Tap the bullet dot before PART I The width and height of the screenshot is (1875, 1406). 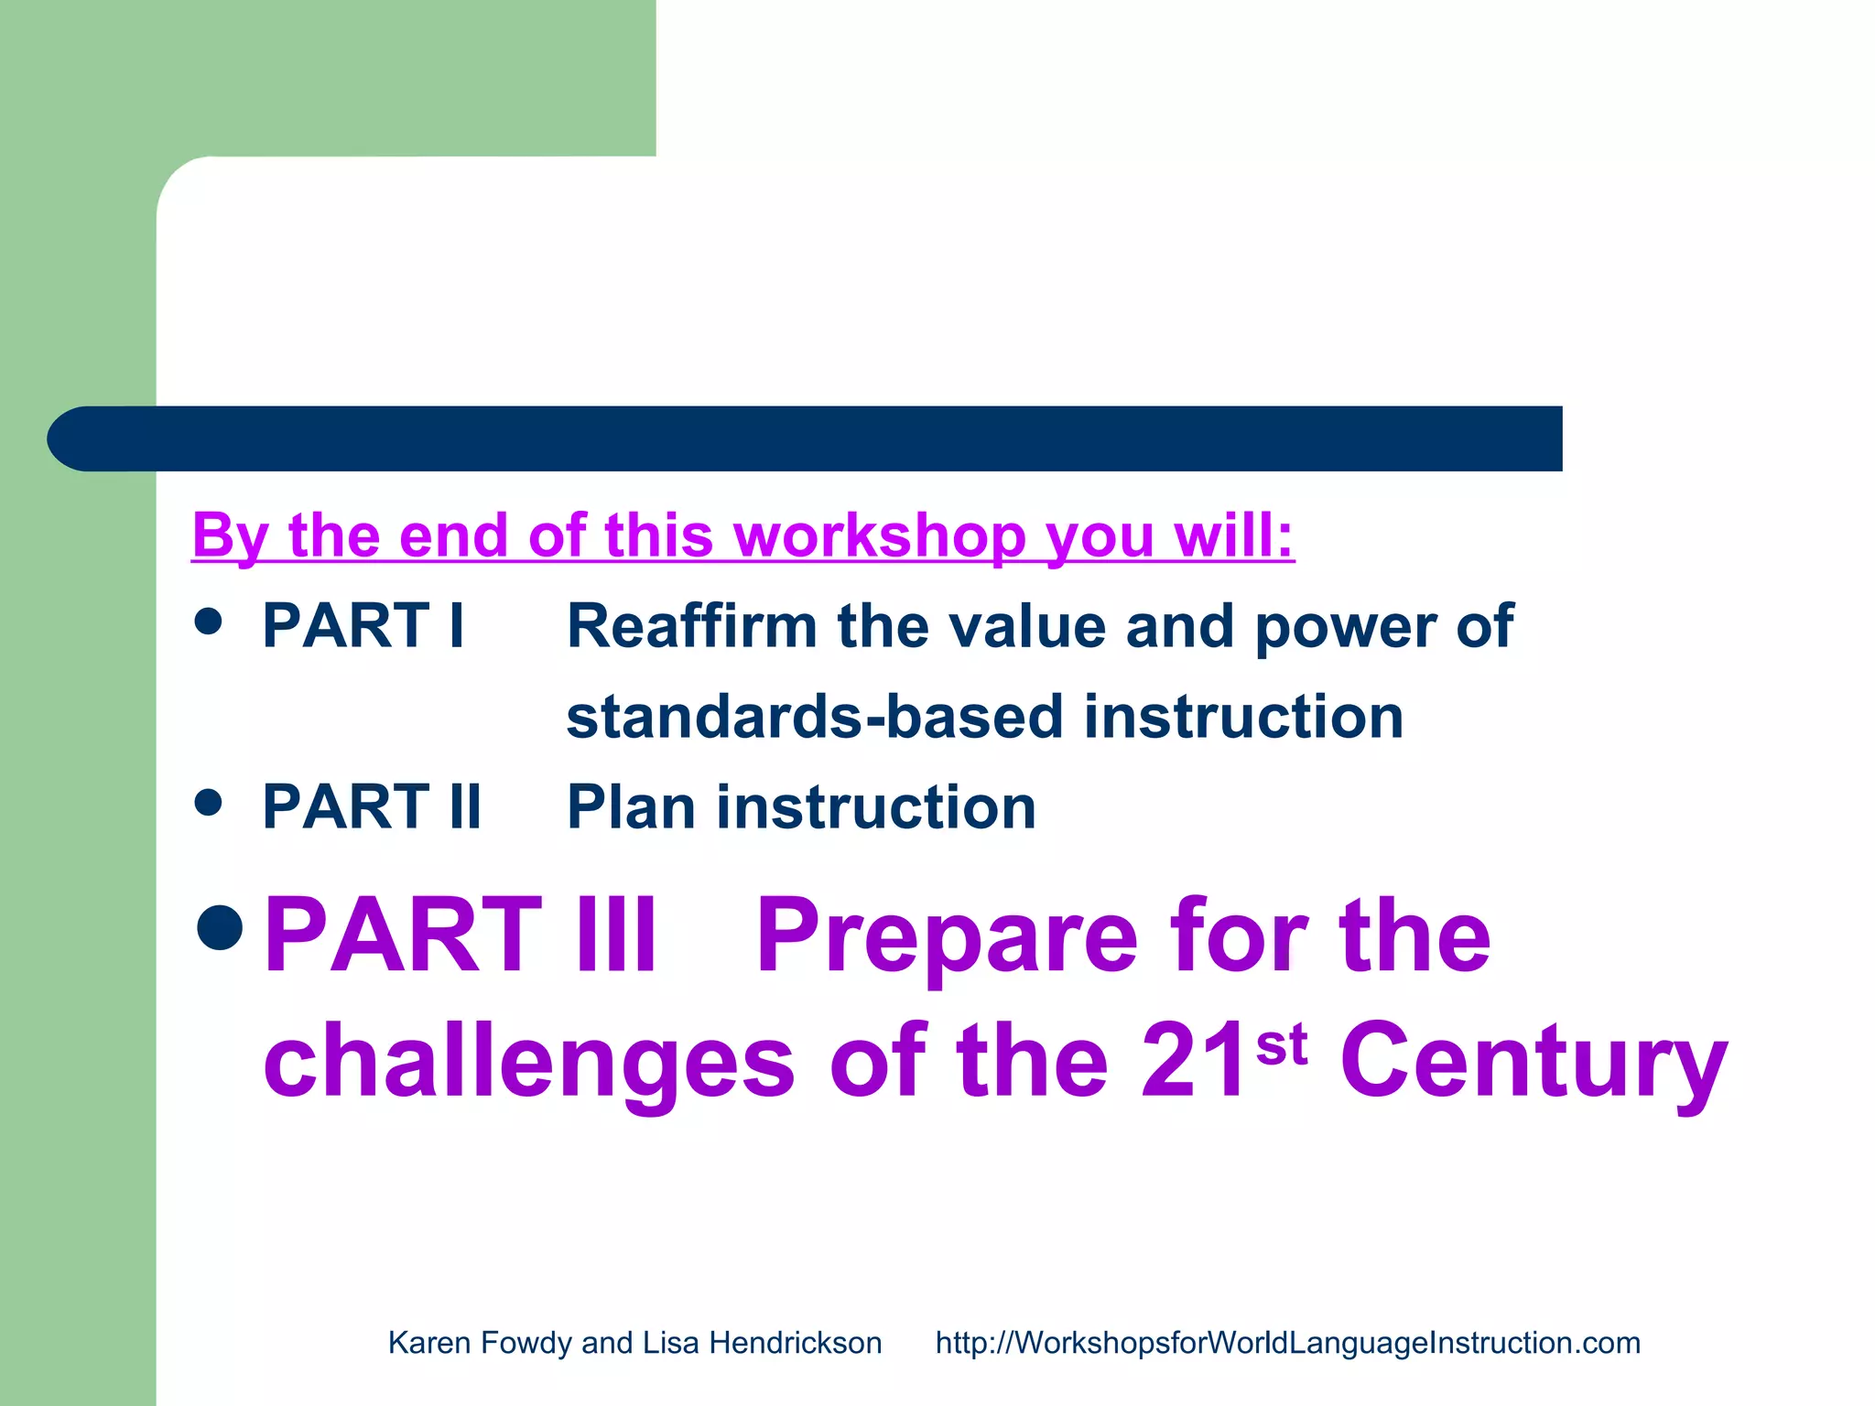pos(209,622)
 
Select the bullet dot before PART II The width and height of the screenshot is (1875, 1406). pos(209,803)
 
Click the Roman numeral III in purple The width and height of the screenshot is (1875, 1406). pos(615,936)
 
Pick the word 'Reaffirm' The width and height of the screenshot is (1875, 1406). pos(691,627)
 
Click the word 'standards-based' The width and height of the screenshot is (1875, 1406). pos(814,717)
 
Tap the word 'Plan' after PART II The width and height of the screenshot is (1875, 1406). pos(631,807)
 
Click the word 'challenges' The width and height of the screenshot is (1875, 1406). pos(529,1062)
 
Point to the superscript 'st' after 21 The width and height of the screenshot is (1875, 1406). pos(1281,1044)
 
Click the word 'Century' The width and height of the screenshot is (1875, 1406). pos(1534,1062)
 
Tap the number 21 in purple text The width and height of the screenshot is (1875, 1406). pos(1195,1062)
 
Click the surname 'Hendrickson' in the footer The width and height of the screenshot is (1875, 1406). pos(795,1343)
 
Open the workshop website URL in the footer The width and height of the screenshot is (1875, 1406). pos(1287,1343)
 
